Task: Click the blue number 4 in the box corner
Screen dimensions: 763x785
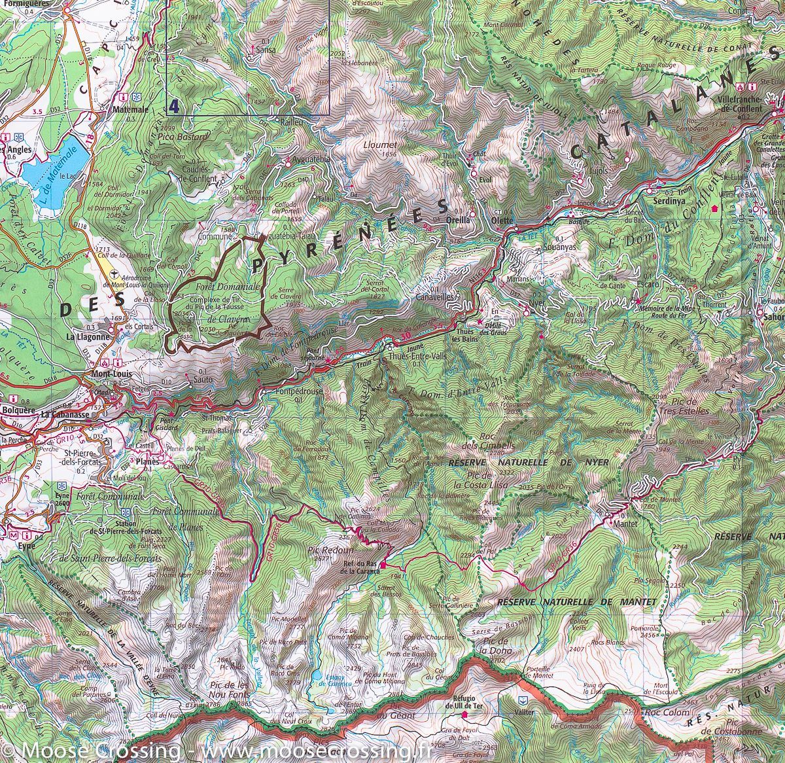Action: click(173, 106)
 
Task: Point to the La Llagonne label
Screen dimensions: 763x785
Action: click(85, 337)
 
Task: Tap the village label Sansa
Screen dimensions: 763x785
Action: click(266, 49)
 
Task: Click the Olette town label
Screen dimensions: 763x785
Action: click(503, 221)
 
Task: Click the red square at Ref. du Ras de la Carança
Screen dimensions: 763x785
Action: click(383, 565)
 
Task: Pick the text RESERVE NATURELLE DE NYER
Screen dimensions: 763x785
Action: click(529, 462)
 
